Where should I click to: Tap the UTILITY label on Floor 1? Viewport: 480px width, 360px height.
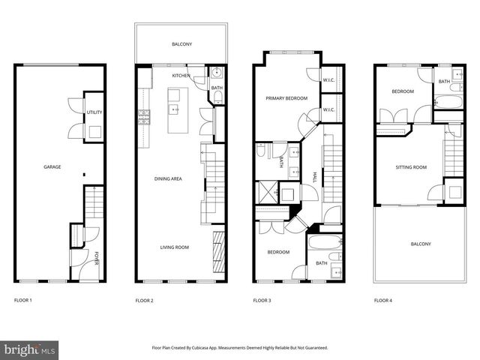[x=94, y=112]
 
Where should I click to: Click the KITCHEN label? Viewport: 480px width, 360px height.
[x=181, y=76]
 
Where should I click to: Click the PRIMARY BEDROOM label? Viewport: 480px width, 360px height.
[x=285, y=98]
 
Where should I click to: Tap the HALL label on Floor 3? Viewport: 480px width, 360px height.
[x=313, y=178]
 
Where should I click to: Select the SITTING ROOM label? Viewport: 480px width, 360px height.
[x=411, y=167]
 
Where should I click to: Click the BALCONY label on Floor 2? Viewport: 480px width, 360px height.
[x=181, y=44]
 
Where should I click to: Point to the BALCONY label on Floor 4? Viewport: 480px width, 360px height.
[x=421, y=244]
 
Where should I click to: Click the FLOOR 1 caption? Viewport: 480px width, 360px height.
[x=23, y=300]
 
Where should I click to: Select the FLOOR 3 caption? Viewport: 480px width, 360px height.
[x=262, y=300]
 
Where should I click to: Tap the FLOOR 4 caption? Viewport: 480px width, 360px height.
[x=382, y=300]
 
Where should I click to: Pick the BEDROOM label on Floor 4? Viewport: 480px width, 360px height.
[x=403, y=91]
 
